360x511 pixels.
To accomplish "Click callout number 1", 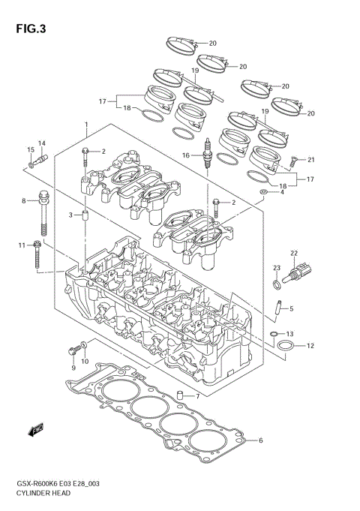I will pos(86,124).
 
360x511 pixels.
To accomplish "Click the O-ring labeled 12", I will pos(286,346).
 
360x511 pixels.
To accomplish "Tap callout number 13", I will pos(291,333).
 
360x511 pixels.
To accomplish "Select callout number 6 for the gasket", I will pos(261,440).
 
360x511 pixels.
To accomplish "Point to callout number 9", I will pos(73,368).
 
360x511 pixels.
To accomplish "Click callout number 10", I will pos(85,362).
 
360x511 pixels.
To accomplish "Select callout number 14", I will pos(42,143).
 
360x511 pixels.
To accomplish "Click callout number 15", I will pos(31,150).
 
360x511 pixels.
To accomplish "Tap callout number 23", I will pos(276,269).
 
